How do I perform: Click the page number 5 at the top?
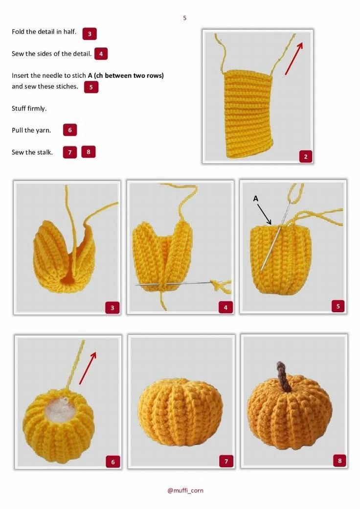point(184,18)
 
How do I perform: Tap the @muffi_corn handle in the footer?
point(185,490)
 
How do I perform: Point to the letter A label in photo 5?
point(255,198)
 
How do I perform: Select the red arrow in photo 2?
point(294,58)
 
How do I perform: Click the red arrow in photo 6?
point(88,368)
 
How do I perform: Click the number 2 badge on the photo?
point(306,157)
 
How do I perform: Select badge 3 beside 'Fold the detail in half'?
point(90,33)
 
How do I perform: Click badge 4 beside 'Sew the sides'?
point(101,54)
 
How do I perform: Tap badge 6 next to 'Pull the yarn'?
point(70,130)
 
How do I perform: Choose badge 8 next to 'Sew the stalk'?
point(89,152)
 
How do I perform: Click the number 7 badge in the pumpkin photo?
point(226,461)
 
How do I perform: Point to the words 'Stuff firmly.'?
point(29,109)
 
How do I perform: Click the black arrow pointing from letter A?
point(265,214)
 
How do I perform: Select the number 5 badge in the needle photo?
point(338,306)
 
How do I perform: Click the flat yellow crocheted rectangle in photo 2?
point(249,114)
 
